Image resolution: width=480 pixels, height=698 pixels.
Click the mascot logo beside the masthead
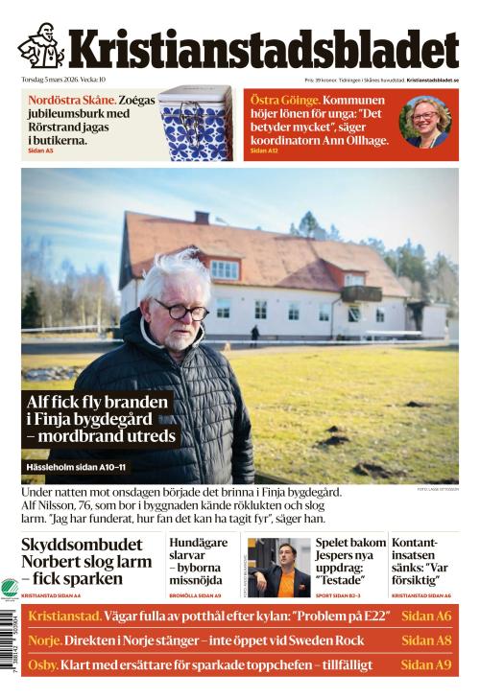[x=41, y=45]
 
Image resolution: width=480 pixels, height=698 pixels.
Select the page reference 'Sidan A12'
[x=264, y=151]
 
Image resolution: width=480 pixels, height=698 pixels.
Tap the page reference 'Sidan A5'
[x=41, y=151]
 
